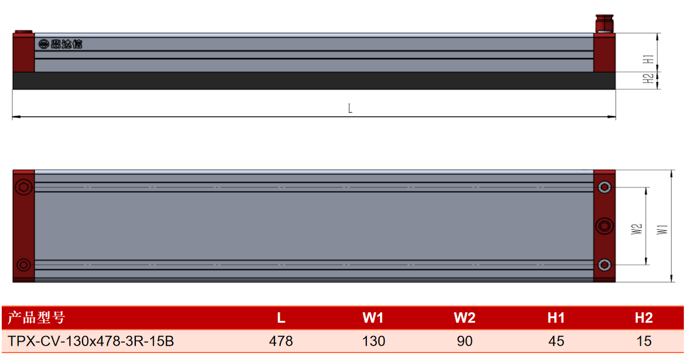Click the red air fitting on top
(604, 24)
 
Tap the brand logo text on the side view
(61, 44)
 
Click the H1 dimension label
(648, 59)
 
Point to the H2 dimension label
(648, 79)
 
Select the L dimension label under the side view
(350, 108)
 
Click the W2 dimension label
(636, 229)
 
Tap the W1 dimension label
(662, 230)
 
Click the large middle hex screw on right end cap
(604, 226)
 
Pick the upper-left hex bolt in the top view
(24, 187)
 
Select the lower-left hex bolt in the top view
(24, 265)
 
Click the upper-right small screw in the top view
(604, 187)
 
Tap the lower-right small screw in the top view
(604, 265)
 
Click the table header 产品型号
(36, 318)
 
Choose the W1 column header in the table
(373, 318)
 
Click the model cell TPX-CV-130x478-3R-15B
(91, 341)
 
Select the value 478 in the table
(281, 341)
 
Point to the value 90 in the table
(464, 341)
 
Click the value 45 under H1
(556, 341)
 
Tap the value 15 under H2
(644, 341)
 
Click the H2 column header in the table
(644, 318)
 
